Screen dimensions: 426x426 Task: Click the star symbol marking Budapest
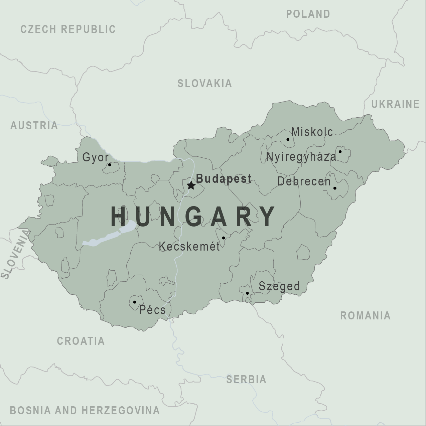pyautogui.click(x=191, y=185)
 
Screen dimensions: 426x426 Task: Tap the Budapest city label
pyautogui.click(x=224, y=178)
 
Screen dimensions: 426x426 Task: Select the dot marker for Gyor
pyautogui.click(x=110, y=165)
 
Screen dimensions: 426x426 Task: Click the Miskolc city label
pyautogui.click(x=312, y=132)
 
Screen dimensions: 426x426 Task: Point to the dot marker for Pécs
pyautogui.click(x=135, y=302)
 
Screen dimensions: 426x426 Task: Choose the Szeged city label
pyautogui.click(x=279, y=286)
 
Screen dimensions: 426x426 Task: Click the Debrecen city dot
pyautogui.click(x=335, y=188)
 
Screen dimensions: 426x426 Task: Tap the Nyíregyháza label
pyautogui.click(x=301, y=156)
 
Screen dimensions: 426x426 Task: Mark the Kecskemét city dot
pyautogui.click(x=224, y=238)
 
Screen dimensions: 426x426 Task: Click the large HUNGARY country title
pyautogui.click(x=193, y=217)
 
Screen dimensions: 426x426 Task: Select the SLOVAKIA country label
pyautogui.click(x=204, y=83)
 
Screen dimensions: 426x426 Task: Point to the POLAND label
pyautogui.click(x=308, y=14)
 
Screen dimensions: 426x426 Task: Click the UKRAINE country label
pyautogui.click(x=395, y=104)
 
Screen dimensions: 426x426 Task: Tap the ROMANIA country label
pyautogui.click(x=365, y=315)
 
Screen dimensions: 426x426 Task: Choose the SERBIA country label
pyautogui.click(x=246, y=379)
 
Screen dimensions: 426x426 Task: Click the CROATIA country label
pyautogui.click(x=81, y=341)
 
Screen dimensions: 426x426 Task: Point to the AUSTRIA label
pyautogui.click(x=34, y=126)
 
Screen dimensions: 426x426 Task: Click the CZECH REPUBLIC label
pyautogui.click(x=68, y=29)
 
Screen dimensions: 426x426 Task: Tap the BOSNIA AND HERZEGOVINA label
pyautogui.click(x=85, y=410)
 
